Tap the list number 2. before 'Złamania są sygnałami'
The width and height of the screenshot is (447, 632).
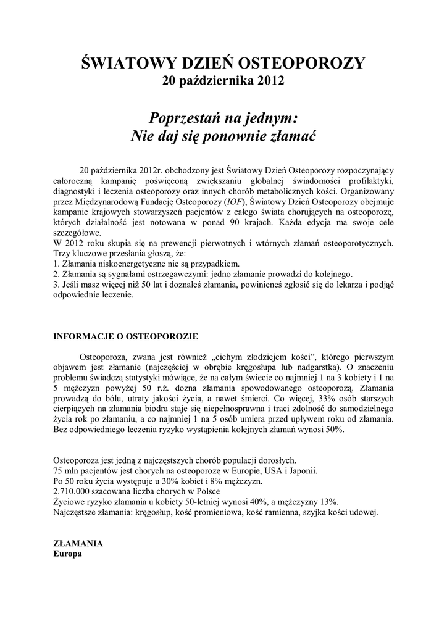(x=57, y=274)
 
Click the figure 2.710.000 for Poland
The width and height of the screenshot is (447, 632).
(x=76, y=491)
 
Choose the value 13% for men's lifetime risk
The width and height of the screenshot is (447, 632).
(x=328, y=501)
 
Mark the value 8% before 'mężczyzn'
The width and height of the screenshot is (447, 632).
(x=225, y=481)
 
